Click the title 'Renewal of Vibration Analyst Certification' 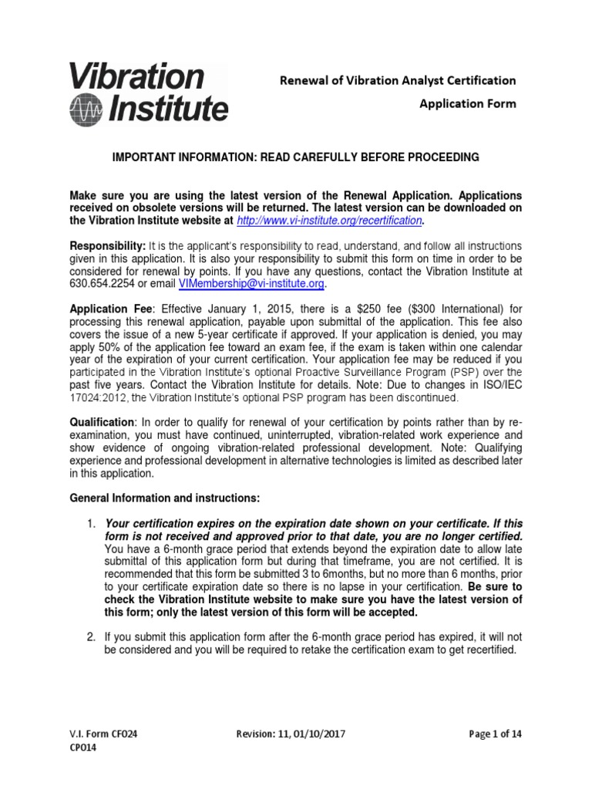(x=397, y=80)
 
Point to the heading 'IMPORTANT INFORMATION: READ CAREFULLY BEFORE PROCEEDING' (x=297, y=157)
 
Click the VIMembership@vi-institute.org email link (x=251, y=284)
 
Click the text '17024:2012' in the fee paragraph (x=96, y=398)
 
